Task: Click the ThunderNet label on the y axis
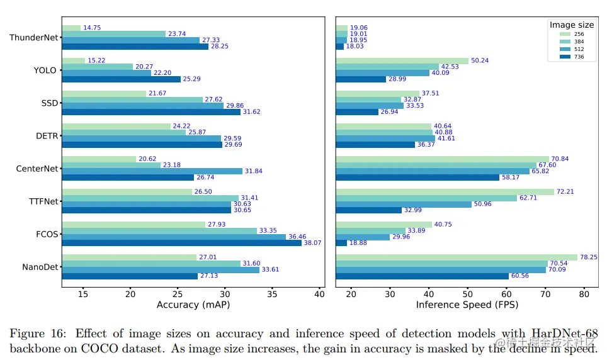[x=33, y=38]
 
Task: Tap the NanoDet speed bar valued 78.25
[x=457, y=257]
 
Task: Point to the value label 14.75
[x=93, y=28]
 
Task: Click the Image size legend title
[x=571, y=25]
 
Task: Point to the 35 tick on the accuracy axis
[x=272, y=294]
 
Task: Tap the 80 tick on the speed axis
[x=583, y=294]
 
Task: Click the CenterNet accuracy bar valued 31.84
[x=152, y=171]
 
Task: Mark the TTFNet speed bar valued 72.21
[x=445, y=191]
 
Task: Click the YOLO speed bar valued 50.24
[x=402, y=60]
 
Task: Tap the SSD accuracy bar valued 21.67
[x=104, y=94]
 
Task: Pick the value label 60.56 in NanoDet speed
[x=523, y=276]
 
